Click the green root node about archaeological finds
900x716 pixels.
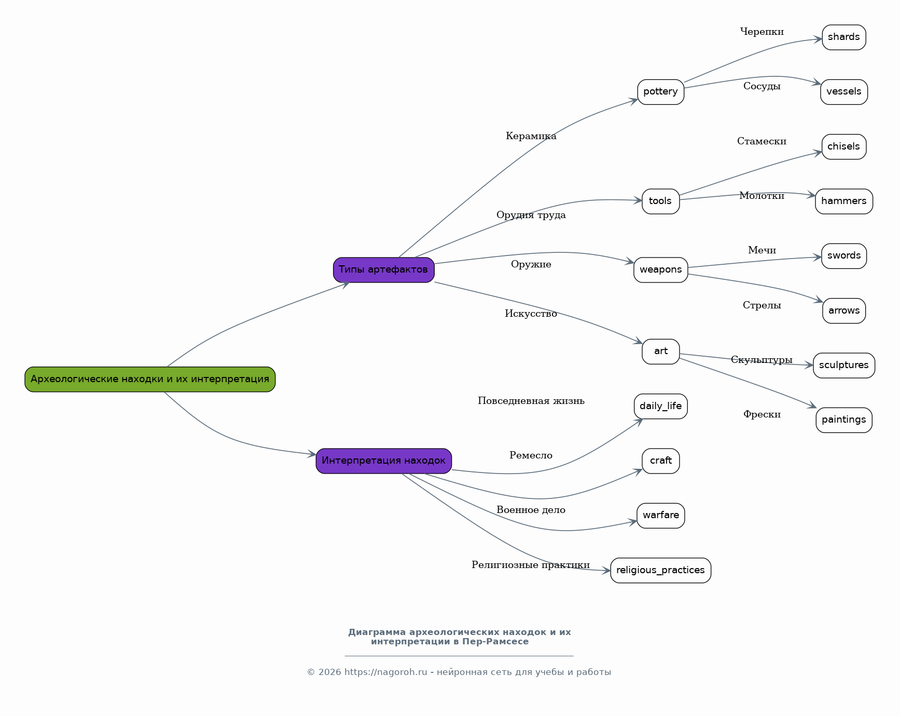tap(150, 379)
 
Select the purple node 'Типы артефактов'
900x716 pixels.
tap(384, 269)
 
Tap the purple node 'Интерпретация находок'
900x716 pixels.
tap(384, 461)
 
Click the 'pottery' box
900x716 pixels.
tap(661, 92)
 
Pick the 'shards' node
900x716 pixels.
tap(844, 37)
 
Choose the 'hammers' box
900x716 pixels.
tap(844, 201)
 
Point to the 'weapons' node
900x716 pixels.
tap(661, 270)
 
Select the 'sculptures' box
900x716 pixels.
tap(844, 366)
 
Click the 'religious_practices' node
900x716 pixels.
tap(661, 571)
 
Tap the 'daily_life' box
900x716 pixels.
tap(661, 406)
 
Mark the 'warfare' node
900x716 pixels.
tap(661, 516)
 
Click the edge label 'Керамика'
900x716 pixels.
tap(531, 136)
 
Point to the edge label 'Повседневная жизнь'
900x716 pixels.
tap(531, 401)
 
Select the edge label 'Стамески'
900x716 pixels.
tap(762, 141)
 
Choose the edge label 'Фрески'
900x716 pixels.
tap(762, 414)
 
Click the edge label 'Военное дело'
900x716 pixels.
tap(531, 510)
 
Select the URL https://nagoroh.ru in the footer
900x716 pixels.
tap(386, 672)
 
